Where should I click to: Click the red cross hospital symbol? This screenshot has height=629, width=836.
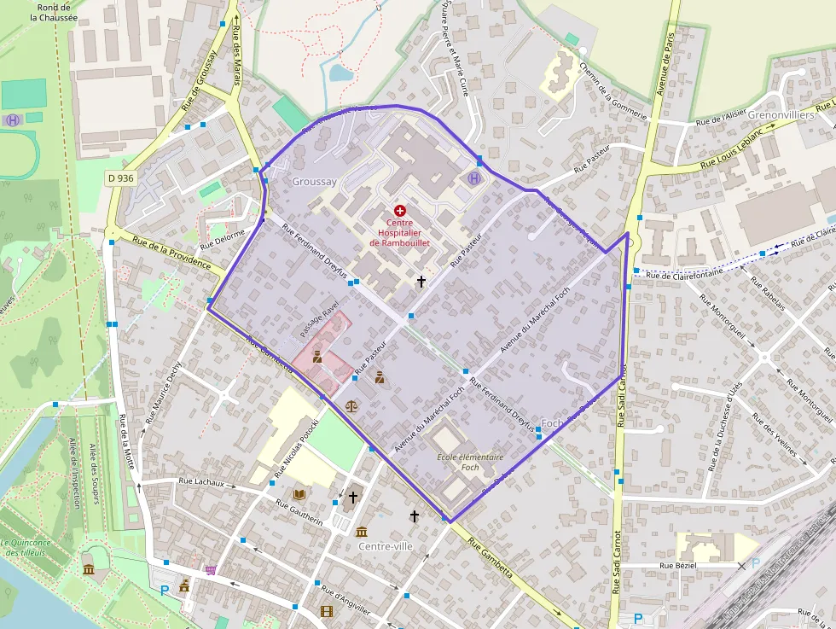pyautogui.click(x=400, y=210)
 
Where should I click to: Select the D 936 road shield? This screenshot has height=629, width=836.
pyautogui.click(x=121, y=178)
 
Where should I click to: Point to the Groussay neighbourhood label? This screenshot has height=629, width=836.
pyautogui.click(x=315, y=182)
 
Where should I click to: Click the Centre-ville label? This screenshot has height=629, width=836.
pyautogui.click(x=386, y=546)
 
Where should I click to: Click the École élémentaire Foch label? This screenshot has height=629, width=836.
pyautogui.click(x=470, y=462)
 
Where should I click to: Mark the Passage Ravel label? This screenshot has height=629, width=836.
pyautogui.click(x=320, y=317)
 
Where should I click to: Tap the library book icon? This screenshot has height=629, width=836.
pyautogui.click(x=299, y=494)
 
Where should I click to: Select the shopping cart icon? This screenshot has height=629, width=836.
pyautogui.click(x=210, y=569)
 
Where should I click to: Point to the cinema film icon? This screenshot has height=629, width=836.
pyautogui.click(x=327, y=610)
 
